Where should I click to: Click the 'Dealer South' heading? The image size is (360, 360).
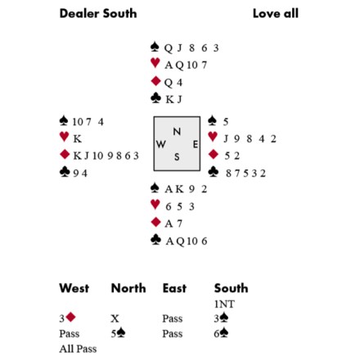tap(98, 14)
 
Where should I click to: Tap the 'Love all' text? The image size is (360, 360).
tap(276, 14)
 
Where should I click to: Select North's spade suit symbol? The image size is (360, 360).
tap(155, 47)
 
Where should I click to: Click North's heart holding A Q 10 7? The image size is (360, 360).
tap(186, 65)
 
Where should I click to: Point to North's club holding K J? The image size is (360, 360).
tap(173, 99)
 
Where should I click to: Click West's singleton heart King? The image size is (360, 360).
tap(78, 139)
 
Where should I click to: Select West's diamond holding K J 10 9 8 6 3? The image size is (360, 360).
tap(106, 155)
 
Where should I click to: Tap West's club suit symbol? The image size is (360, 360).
tap(65, 172)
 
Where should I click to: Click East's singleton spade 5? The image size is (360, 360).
tap(226, 122)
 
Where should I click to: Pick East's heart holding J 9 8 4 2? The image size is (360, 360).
tap(250, 139)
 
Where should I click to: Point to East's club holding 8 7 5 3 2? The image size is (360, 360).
tap(245, 173)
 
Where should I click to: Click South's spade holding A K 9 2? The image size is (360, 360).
tap(186, 189)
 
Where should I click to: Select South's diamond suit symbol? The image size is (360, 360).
tap(155, 222)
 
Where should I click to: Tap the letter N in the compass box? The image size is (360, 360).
tap(177, 132)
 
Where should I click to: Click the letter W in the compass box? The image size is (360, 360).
tap(161, 144)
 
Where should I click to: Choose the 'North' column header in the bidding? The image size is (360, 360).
tap(128, 288)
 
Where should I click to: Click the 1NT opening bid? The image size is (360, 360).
tap(224, 304)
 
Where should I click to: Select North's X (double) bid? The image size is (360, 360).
tap(115, 318)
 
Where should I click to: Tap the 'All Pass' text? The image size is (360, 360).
tap(78, 349)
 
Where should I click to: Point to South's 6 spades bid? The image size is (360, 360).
tap(221, 333)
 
